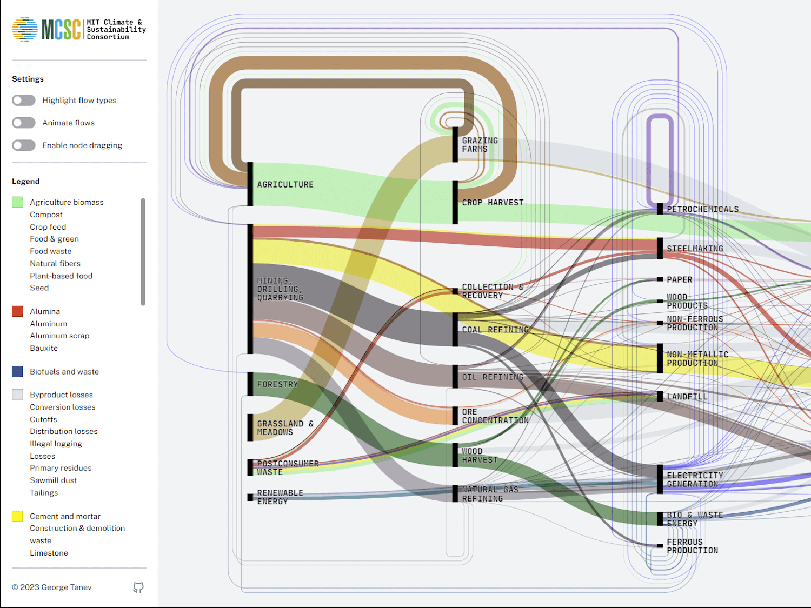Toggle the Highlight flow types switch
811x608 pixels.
point(24,101)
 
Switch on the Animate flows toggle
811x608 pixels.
point(24,123)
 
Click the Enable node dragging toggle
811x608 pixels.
point(24,145)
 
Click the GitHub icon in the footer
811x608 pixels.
point(138,587)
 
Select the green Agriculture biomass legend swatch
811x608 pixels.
point(17,202)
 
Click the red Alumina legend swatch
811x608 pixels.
point(17,311)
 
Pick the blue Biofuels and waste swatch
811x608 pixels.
point(17,371)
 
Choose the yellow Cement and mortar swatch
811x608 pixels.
point(17,516)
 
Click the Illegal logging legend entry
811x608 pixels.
point(56,444)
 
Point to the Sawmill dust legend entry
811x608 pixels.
point(53,480)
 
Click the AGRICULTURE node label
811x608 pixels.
point(285,185)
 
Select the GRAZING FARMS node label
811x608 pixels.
point(480,145)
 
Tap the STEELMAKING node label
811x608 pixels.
point(695,249)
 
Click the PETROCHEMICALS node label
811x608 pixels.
point(703,209)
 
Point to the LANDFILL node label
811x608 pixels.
point(687,397)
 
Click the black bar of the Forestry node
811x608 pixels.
point(250,384)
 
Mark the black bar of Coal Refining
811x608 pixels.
point(455,330)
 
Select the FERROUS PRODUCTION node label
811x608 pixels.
point(693,546)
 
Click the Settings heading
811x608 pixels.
point(28,79)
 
